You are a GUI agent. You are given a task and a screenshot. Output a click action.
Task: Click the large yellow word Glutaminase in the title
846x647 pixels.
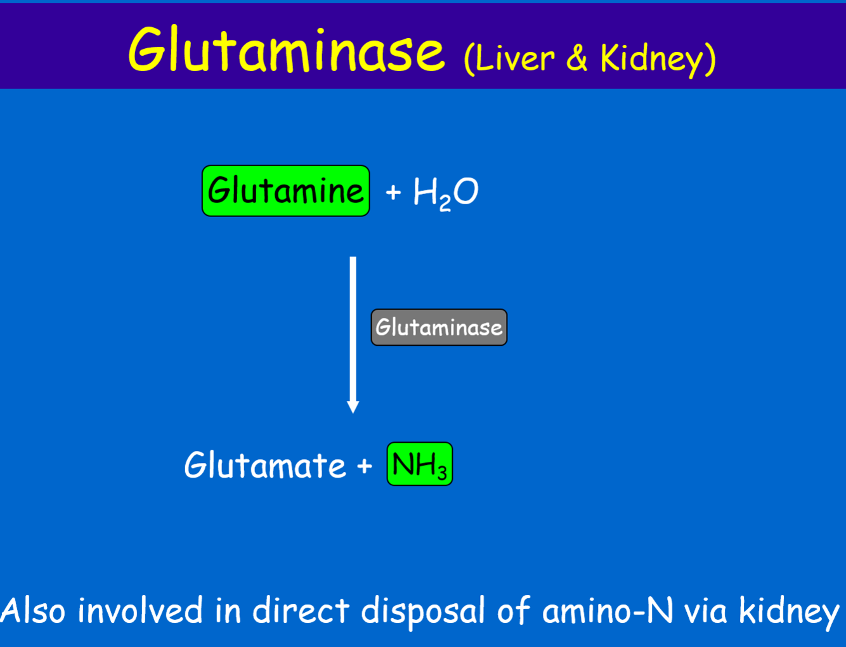click(x=287, y=51)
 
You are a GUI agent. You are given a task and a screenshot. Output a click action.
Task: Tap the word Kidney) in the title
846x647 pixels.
click(x=658, y=59)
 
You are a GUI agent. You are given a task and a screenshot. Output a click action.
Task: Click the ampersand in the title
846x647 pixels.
click(x=576, y=58)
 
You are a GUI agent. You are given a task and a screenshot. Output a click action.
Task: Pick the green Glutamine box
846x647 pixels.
click(x=285, y=191)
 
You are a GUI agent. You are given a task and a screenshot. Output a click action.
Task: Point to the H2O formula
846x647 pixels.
click(x=445, y=192)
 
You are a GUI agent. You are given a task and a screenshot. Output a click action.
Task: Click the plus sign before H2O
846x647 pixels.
click(x=393, y=192)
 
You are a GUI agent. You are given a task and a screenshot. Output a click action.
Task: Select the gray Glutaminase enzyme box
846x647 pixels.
click(x=439, y=327)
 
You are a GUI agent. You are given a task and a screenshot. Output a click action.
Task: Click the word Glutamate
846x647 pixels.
click(x=265, y=466)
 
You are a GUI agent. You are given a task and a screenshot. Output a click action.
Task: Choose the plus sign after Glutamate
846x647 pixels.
click(x=364, y=466)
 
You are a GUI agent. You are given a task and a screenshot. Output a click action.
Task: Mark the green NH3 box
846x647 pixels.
click(x=419, y=464)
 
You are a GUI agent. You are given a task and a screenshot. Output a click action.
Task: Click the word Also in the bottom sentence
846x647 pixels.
click(x=33, y=611)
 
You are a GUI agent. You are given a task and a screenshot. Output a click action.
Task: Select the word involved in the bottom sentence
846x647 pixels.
click(x=140, y=611)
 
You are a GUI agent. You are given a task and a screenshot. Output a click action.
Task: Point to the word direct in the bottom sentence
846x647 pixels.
click(x=301, y=611)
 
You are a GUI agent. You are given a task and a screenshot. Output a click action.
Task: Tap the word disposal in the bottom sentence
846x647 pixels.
click(x=422, y=611)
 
